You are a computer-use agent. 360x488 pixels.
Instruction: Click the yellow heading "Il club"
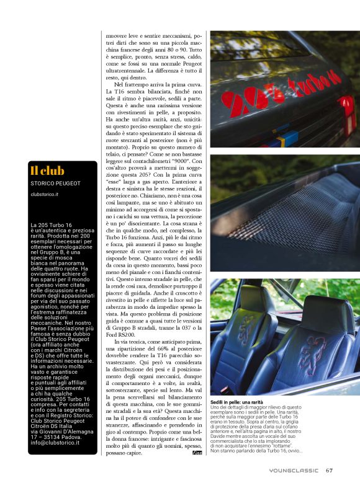click(47, 171)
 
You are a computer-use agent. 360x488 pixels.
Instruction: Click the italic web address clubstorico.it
click(45, 194)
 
